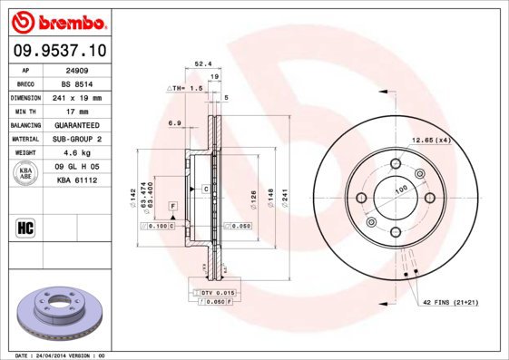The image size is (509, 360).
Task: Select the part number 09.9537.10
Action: tap(58, 52)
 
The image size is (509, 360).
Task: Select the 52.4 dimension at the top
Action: tap(203, 64)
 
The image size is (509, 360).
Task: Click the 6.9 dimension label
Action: tap(174, 122)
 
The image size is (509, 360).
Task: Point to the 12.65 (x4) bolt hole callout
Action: tap(432, 140)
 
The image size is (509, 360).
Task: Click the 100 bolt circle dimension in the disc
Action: tap(401, 190)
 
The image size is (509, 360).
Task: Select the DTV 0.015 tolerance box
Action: tap(217, 292)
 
